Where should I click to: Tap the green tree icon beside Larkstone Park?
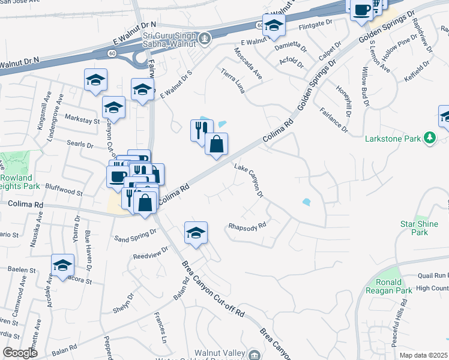(429, 139)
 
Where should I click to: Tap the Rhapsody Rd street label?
(247, 227)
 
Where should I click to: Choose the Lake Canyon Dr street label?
(249, 181)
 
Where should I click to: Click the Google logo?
(20, 353)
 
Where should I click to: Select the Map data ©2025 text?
(423, 355)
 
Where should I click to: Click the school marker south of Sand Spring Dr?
(196, 233)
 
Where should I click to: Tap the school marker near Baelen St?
(62, 265)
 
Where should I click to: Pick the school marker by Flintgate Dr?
(274, 25)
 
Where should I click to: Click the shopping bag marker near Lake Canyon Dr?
(217, 144)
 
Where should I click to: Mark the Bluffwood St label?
(62, 192)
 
